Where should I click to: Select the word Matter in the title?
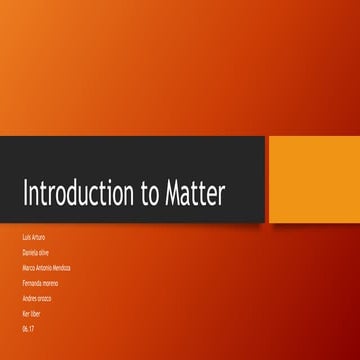(x=201, y=193)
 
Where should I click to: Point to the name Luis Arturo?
(x=33, y=238)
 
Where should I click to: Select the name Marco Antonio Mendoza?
(x=46, y=268)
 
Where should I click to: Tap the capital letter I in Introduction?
(x=25, y=193)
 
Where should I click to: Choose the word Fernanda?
(x=30, y=284)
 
